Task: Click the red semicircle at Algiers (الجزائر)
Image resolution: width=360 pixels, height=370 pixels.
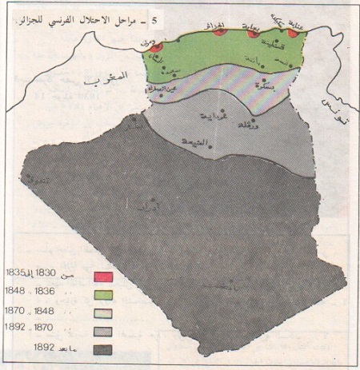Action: tap(219, 32)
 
